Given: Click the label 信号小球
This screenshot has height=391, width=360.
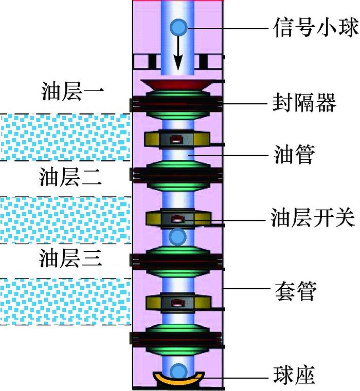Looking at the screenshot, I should [314, 26].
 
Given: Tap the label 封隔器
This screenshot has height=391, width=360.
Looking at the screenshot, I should [303, 103].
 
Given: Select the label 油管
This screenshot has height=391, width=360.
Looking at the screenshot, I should [294, 154].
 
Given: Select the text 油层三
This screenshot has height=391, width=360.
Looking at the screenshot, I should [71, 258].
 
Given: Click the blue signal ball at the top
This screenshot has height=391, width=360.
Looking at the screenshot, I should [179, 26].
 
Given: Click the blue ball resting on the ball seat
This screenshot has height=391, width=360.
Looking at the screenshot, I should [177, 370].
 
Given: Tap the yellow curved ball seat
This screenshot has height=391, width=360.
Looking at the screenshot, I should [178, 380].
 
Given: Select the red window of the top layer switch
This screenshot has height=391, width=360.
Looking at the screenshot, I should [176, 139].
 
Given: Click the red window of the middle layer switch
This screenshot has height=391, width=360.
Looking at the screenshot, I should [176, 219].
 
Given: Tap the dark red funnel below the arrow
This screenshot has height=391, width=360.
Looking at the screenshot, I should [178, 83].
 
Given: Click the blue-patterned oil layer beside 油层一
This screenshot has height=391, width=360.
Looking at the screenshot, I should [64, 137].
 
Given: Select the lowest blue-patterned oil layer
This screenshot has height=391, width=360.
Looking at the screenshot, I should [64, 302].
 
